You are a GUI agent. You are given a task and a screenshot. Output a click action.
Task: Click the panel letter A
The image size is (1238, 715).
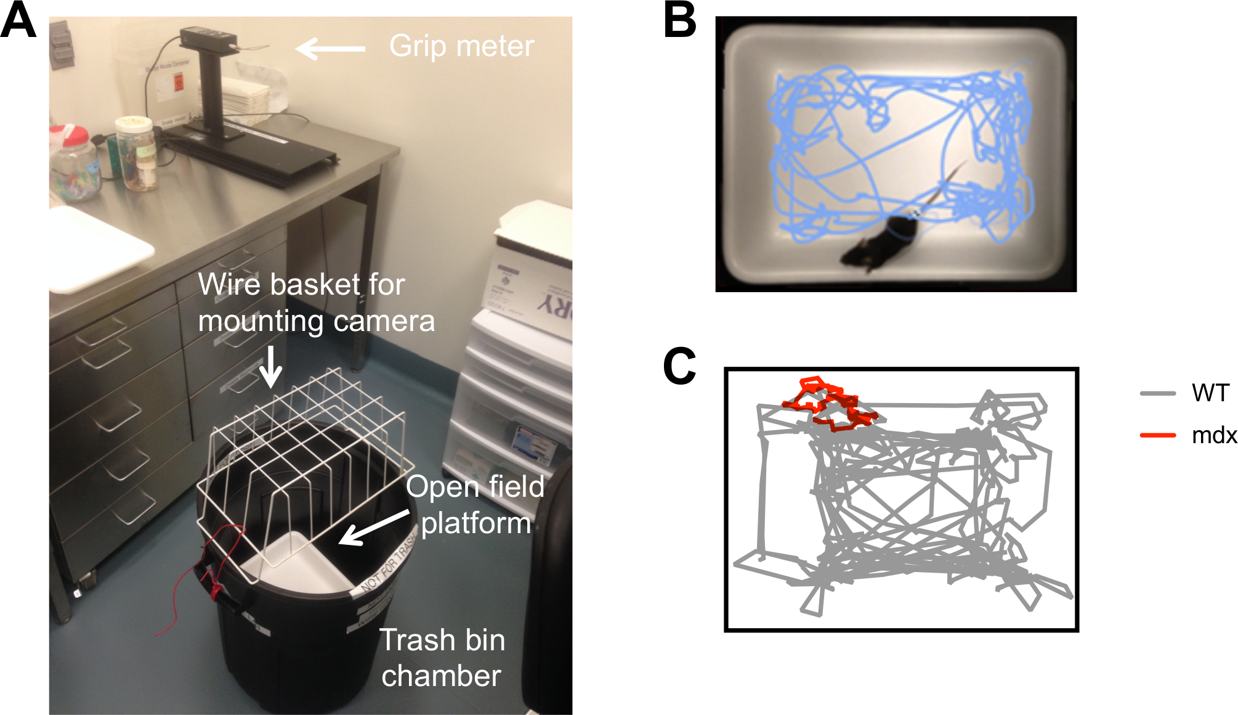[18, 21]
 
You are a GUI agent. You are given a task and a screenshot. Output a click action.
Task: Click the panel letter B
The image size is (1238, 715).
[680, 21]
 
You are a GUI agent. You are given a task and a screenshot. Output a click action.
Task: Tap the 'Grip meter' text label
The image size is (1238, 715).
[461, 46]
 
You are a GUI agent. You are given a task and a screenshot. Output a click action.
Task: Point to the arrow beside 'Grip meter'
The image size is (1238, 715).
[331, 48]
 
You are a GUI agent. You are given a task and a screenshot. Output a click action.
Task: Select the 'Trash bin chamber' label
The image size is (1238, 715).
[442, 658]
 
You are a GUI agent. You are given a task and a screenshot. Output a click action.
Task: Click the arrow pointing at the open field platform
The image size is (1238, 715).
[373, 528]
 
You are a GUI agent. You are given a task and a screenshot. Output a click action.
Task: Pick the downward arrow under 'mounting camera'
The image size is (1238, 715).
[270, 366]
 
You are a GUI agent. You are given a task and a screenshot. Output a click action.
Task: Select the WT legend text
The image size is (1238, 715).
[1210, 393]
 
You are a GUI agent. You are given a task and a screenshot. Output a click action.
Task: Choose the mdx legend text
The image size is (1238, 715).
[1214, 436]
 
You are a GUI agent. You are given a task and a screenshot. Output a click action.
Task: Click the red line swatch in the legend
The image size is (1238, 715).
[1158, 435]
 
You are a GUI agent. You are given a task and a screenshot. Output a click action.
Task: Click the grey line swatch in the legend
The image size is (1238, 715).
[1158, 393]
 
